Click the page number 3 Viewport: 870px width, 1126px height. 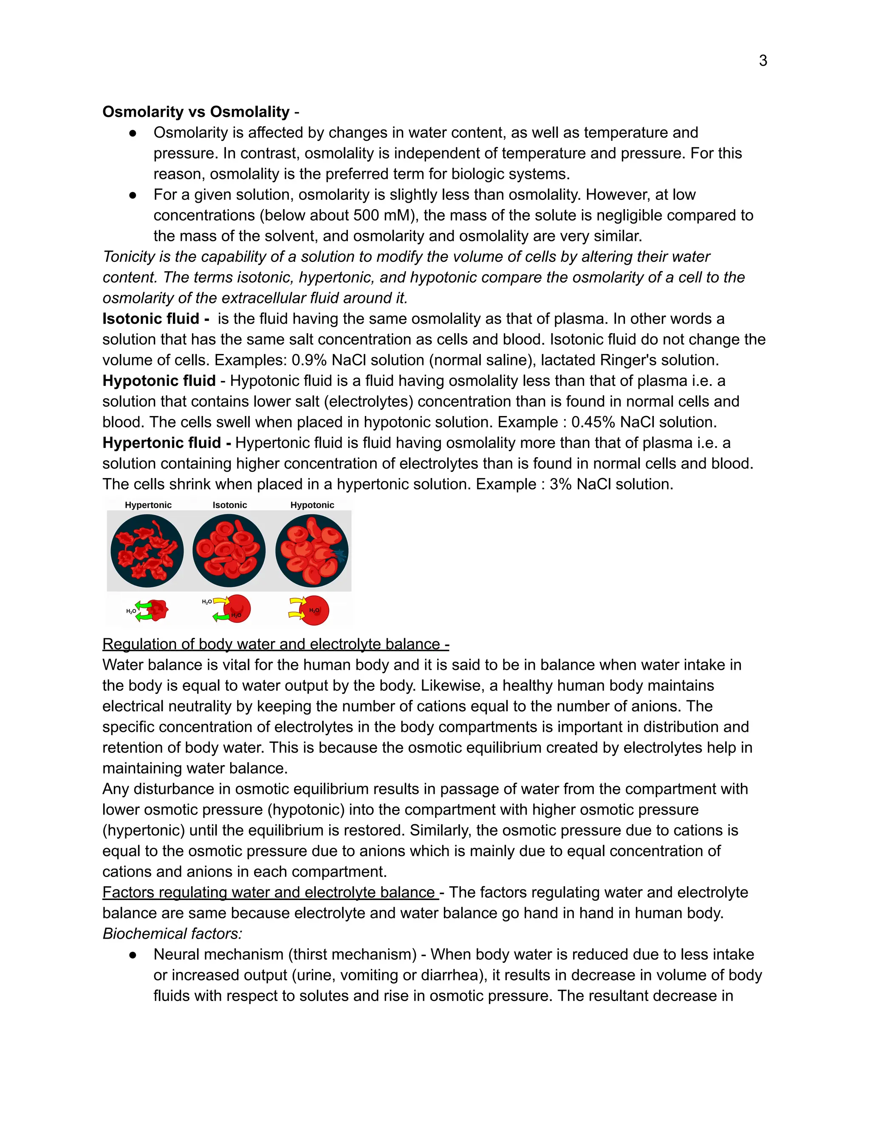coord(763,61)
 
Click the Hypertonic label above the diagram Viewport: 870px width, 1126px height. coord(148,505)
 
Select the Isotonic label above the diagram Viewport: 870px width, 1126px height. coord(229,505)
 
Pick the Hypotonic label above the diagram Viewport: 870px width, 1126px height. coord(312,505)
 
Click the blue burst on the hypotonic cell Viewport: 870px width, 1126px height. coord(340,555)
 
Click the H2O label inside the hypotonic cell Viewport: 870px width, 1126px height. coord(314,611)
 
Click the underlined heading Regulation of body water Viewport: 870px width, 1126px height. coord(275,645)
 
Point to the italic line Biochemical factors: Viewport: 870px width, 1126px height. coord(172,934)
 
